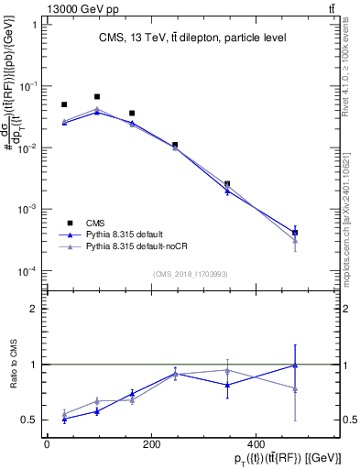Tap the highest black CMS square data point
[97, 96]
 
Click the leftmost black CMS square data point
[64, 104]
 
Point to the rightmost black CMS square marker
[295, 233]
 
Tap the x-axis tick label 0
[47, 444]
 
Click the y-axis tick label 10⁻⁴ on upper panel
[27, 272]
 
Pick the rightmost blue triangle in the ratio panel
[295, 365]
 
